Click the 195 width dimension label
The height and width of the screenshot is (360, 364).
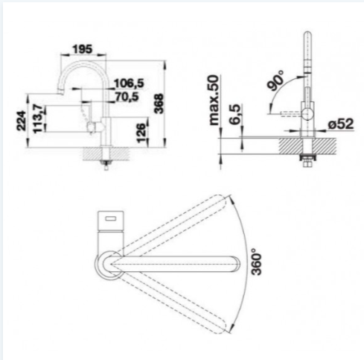82,49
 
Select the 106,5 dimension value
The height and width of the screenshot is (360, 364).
129,83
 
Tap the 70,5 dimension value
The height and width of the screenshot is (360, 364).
127,97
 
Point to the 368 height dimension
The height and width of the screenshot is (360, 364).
159,104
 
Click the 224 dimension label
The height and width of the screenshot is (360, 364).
22,121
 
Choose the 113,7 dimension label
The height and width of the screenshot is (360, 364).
39,119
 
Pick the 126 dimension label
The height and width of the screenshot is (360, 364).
141,133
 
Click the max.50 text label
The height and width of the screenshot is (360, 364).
214,100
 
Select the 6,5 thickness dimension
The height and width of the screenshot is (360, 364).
235,114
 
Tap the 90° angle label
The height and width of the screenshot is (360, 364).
275,81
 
